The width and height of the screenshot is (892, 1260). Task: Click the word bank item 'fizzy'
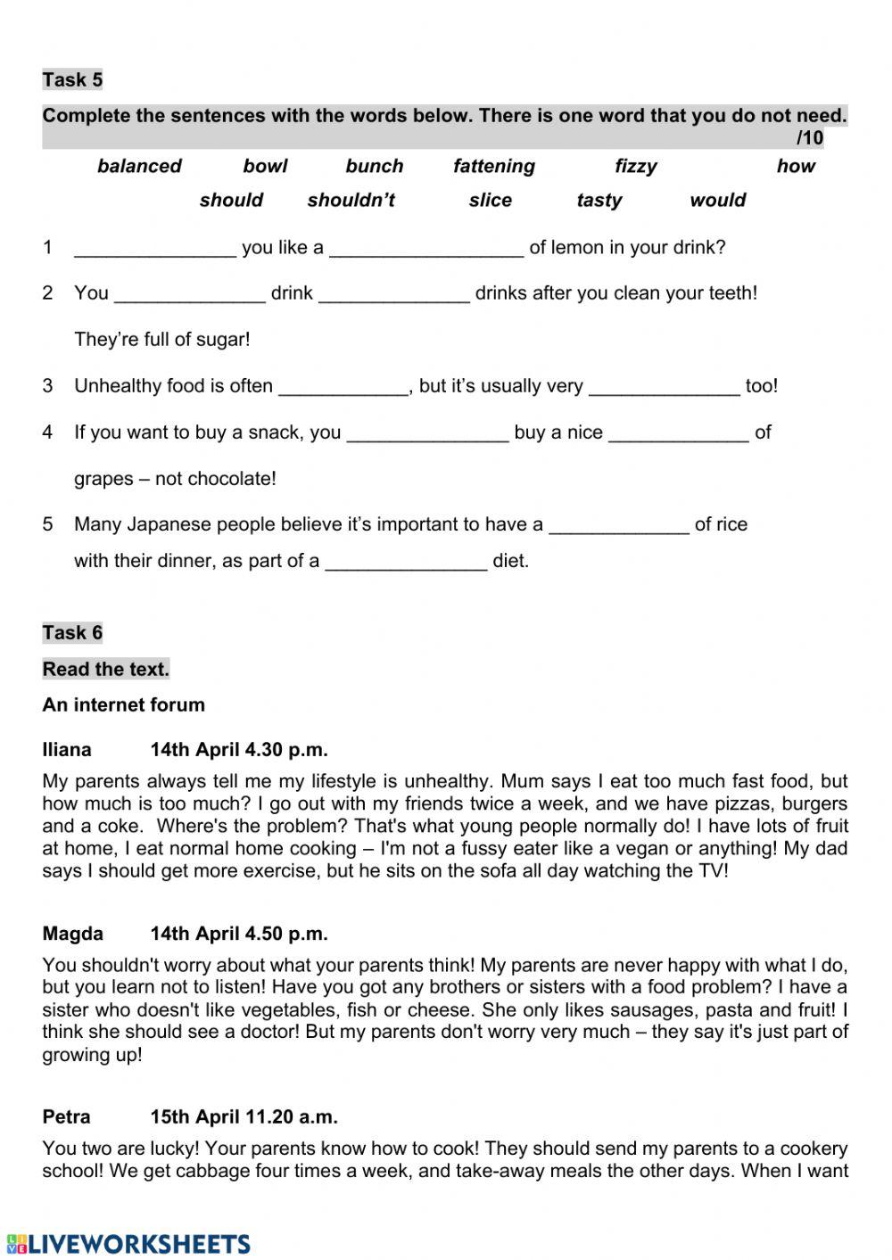pos(635,166)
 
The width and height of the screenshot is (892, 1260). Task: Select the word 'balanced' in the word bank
pos(139,166)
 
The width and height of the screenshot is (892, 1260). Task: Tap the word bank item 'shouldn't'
pos(351,200)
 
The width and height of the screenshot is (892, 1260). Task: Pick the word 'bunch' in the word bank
pos(375,166)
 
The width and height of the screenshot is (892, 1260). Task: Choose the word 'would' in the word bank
pos(717,200)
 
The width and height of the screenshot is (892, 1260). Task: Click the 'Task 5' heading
pos(72,79)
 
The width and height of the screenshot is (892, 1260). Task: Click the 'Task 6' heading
pos(72,632)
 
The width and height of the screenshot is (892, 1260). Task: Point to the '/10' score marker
pos(809,137)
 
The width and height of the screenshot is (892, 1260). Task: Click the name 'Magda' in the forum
pos(72,934)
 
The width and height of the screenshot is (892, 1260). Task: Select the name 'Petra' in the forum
pos(66,1116)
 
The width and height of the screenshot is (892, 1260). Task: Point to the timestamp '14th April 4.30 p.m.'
pos(239,749)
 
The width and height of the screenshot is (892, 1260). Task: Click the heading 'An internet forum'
pos(123,704)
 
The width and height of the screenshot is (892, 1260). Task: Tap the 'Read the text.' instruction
pos(105,669)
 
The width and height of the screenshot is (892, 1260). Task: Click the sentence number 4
pos(47,432)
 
